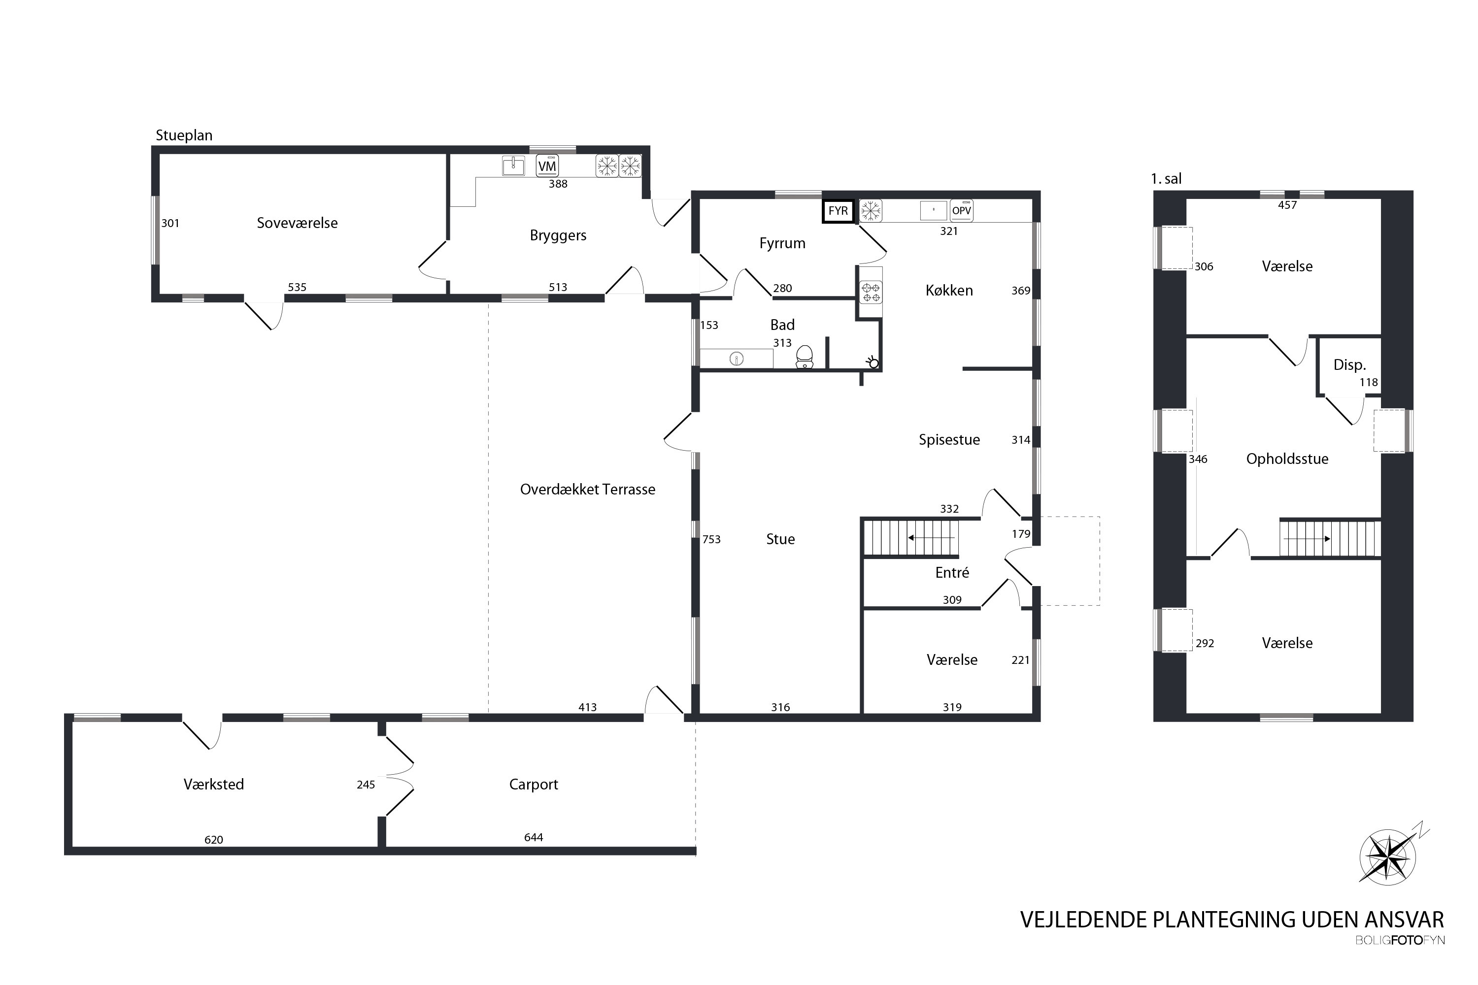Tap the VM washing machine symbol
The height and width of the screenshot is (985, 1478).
(547, 166)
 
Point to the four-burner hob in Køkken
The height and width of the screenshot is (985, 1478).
(871, 292)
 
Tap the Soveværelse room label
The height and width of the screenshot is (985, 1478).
(297, 223)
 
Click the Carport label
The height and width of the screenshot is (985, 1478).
(533, 784)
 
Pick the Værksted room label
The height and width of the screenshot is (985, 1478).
(214, 784)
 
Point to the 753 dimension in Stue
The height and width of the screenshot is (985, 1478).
(711, 539)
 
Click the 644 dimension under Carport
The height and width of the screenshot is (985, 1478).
(533, 837)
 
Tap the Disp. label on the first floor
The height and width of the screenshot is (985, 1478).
(1349, 365)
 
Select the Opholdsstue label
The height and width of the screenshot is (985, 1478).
(1287, 459)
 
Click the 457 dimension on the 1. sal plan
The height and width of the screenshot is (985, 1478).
(1287, 205)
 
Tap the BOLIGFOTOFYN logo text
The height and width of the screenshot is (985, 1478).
(1400, 940)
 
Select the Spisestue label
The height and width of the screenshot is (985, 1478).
(949, 440)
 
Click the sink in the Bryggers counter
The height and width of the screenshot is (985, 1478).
(513, 166)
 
